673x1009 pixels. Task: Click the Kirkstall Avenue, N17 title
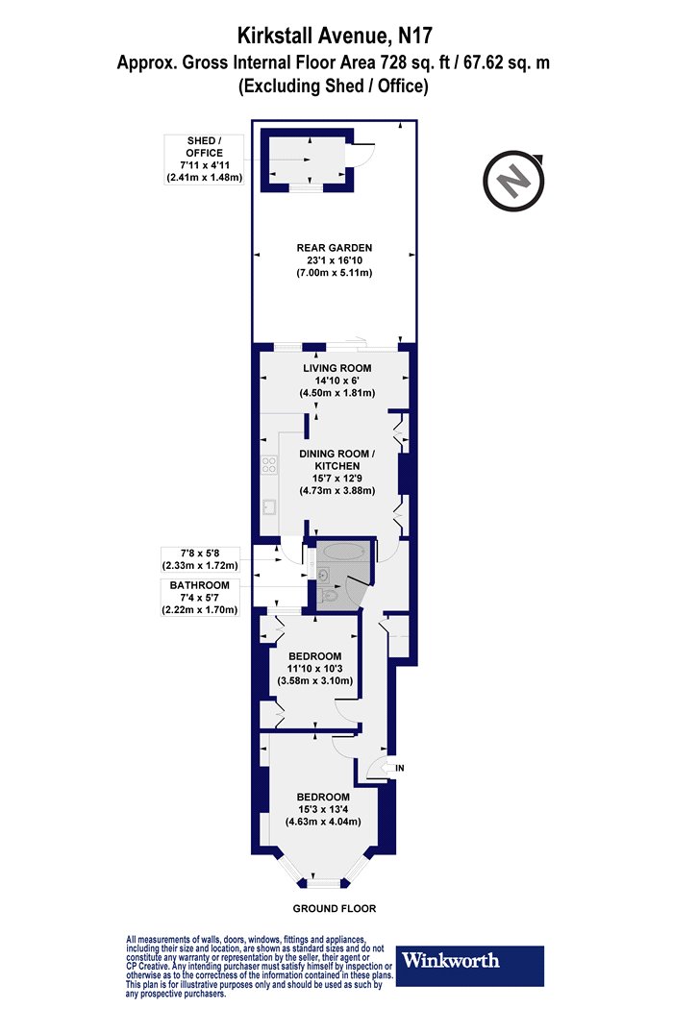coord(335,36)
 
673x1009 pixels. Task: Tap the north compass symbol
coord(514,181)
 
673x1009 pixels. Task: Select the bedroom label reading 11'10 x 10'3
coord(315,669)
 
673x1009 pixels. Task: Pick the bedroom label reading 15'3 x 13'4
coord(323,809)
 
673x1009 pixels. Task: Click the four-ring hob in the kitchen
coord(268,464)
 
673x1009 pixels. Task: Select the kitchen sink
coord(268,507)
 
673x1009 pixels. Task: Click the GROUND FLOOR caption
coord(335,909)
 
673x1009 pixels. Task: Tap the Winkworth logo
coord(469,966)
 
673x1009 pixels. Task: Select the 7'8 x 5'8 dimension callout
coord(200,560)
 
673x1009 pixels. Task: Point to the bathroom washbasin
coord(323,574)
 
